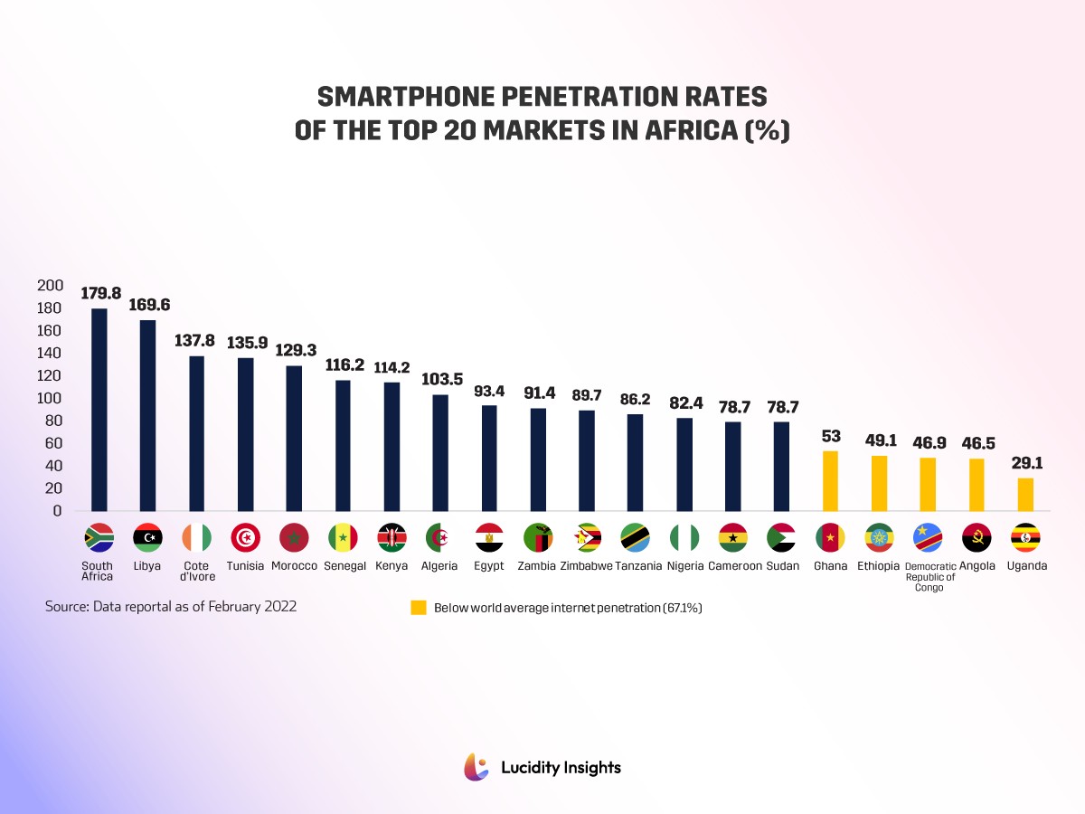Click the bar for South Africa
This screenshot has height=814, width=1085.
click(x=99, y=409)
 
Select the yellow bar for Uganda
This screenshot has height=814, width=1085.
click(x=1025, y=494)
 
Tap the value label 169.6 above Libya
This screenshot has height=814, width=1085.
click(x=148, y=305)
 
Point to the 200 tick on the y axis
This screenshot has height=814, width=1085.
click(x=50, y=286)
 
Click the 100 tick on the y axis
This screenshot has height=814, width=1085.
click(x=50, y=398)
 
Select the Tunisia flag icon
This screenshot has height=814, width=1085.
click(x=245, y=537)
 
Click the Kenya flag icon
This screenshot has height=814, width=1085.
click(x=392, y=537)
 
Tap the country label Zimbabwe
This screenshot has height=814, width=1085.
click(x=586, y=566)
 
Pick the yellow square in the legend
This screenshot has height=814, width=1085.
click(x=419, y=608)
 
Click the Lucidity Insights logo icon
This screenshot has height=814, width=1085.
click(x=476, y=767)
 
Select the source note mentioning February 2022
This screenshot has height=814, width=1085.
click(x=171, y=607)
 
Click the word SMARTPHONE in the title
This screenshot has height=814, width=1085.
click(x=388, y=98)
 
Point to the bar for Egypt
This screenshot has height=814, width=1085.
click(x=489, y=458)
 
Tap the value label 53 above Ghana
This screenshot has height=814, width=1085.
click(x=831, y=437)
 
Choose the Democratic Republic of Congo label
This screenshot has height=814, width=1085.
click(x=929, y=576)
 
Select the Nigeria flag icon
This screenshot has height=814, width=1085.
click(x=684, y=537)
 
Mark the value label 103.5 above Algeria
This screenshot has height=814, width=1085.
click(x=440, y=379)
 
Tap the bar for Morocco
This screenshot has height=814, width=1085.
click(x=294, y=438)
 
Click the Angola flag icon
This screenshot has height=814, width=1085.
click(x=976, y=537)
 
